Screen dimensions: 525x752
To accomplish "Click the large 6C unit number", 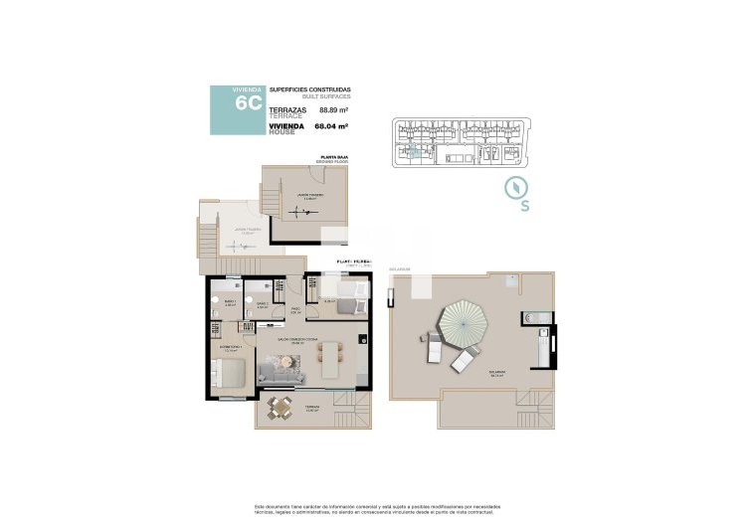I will [x=248, y=103].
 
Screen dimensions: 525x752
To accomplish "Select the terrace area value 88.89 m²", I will [x=333, y=110].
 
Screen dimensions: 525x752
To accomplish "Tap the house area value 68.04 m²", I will [x=333, y=127].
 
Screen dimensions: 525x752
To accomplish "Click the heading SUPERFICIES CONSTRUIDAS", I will [x=310, y=89].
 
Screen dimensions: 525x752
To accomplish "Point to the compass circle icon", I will [x=515, y=186].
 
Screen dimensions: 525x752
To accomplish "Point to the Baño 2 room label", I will [x=263, y=303].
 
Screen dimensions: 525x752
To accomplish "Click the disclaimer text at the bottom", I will [x=375, y=506].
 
